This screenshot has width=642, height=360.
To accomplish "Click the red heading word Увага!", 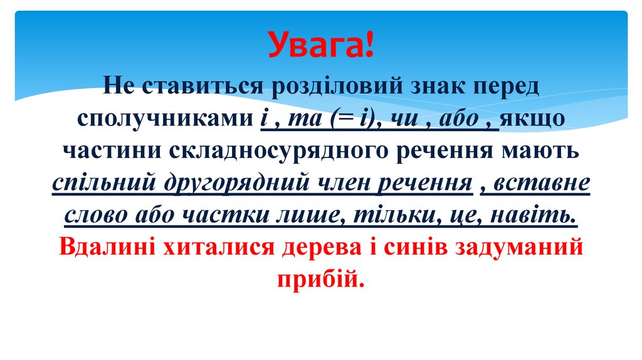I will click(321, 45).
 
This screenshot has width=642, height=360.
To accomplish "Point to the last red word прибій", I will click(320, 280).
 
